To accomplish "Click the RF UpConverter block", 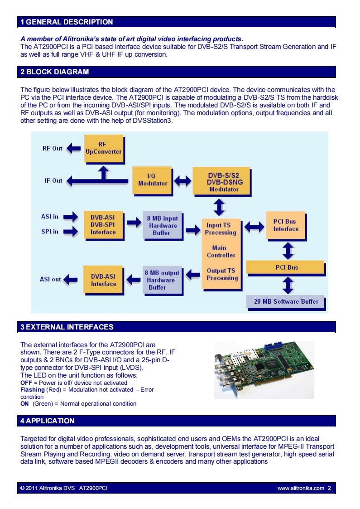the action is pyautogui.click(x=104, y=149).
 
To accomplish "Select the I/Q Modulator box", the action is pyautogui.click(x=153, y=181).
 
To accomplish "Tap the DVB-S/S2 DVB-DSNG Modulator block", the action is pyautogui.click(x=222, y=182).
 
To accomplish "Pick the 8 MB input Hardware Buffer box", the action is pyautogui.click(x=163, y=226).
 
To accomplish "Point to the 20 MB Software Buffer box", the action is pyautogui.click(x=286, y=302).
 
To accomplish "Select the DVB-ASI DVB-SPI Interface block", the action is pyautogui.click(x=104, y=225).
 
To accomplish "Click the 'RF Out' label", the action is pyautogui.click(x=52, y=148).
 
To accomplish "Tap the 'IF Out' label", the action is pyautogui.click(x=53, y=180).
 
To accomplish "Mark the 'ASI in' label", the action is pyautogui.click(x=50, y=217).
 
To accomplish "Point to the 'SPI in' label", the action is pyautogui.click(x=50, y=232).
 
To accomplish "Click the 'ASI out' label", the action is pyautogui.click(x=50, y=279).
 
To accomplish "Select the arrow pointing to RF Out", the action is pyautogui.click(x=74, y=149).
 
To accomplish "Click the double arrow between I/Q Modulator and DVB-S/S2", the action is pyautogui.click(x=182, y=181).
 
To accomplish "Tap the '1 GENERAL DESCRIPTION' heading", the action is pyautogui.click(x=67, y=22).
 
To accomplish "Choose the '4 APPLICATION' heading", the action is pyautogui.click(x=48, y=421).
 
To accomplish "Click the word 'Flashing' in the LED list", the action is pyautogui.click(x=33, y=389).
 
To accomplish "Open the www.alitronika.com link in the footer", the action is pyautogui.click(x=301, y=488).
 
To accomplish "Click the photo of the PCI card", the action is pyautogui.click(x=264, y=370).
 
